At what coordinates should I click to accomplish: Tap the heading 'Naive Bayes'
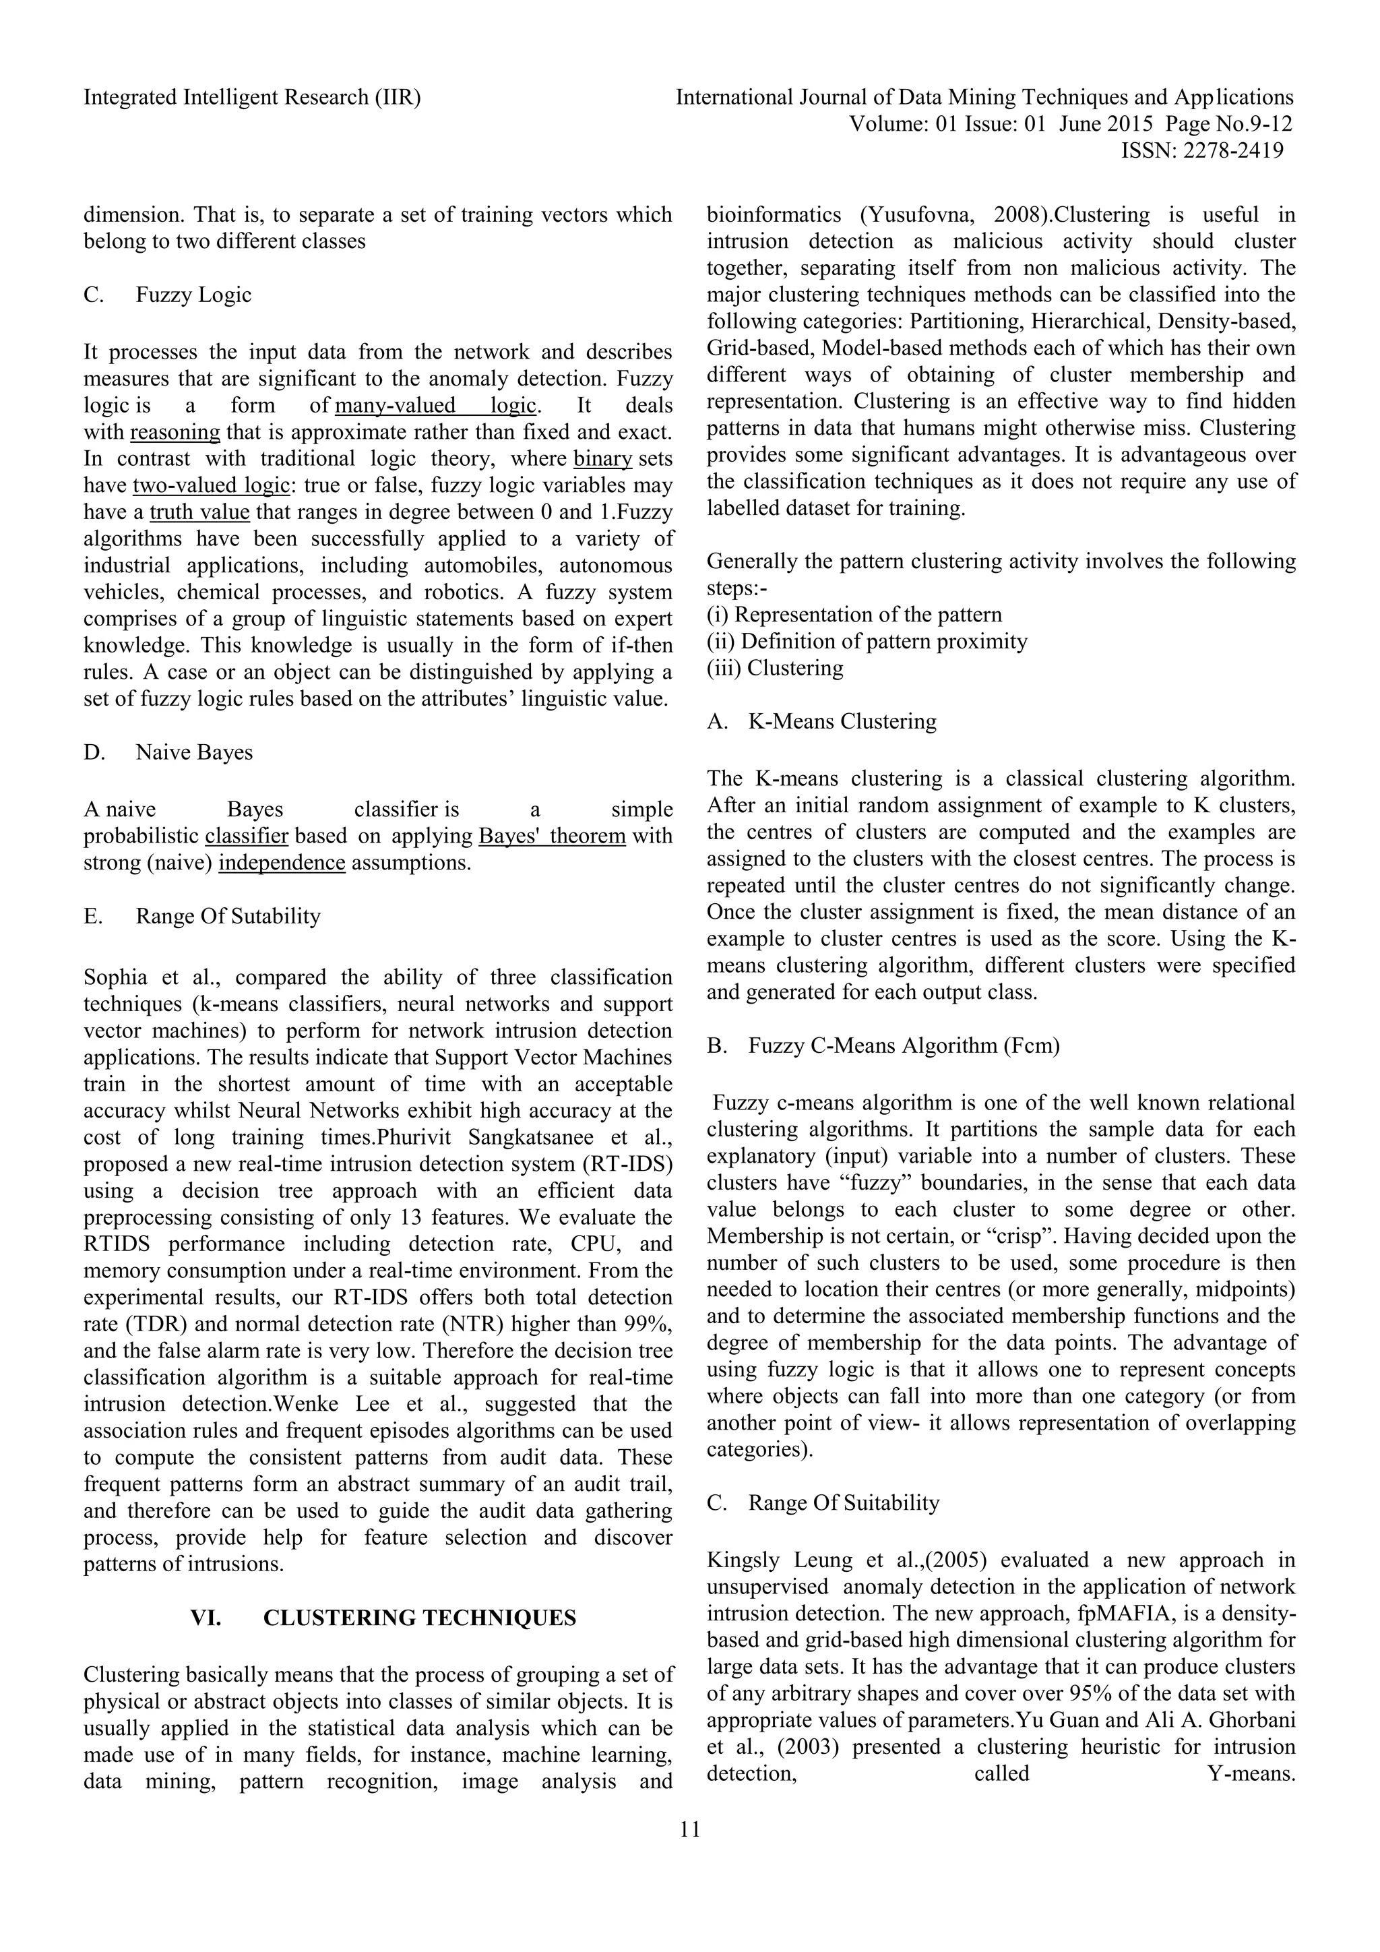click(194, 752)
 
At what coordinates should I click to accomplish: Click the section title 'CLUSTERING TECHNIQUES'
click(419, 1618)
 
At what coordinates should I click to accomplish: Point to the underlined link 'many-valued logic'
click(436, 406)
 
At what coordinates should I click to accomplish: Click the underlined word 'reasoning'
click(175, 433)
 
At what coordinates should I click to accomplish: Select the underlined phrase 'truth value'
click(199, 513)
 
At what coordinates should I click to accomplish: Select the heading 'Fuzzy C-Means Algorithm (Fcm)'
click(904, 1045)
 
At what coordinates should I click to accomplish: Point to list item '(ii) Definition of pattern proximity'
click(867, 642)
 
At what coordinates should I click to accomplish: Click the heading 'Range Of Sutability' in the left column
click(228, 917)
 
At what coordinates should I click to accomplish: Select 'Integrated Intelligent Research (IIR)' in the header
click(253, 98)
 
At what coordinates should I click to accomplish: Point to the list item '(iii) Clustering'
click(775, 668)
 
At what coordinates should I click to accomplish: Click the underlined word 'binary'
click(602, 459)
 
